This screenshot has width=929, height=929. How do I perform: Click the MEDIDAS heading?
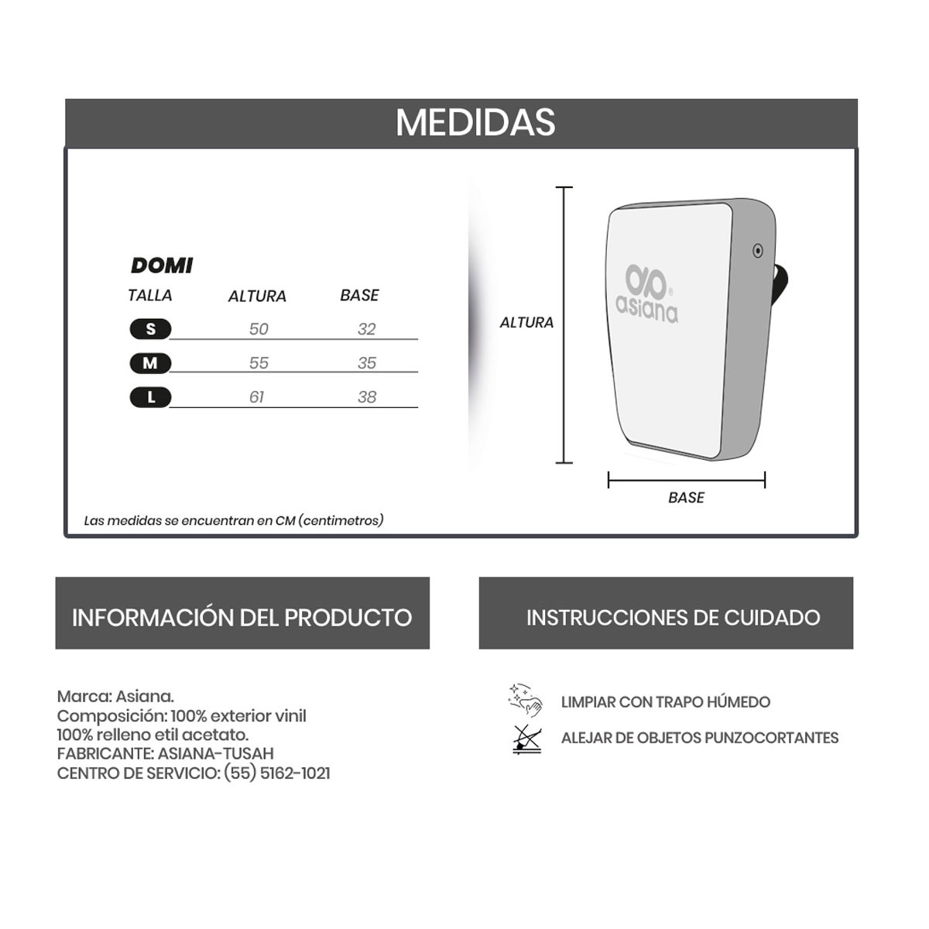tap(475, 122)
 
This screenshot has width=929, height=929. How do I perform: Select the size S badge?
tap(150, 329)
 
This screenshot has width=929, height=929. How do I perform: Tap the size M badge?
tap(150, 363)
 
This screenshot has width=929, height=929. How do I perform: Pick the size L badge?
tap(150, 397)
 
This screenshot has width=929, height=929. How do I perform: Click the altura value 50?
tap(259, 329)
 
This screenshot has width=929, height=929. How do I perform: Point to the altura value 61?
tap(257, 397)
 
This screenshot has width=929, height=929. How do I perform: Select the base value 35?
tap(367, 363)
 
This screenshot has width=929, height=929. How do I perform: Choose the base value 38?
tap(367, 397)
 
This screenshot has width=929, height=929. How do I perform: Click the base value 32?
tap(367, 329)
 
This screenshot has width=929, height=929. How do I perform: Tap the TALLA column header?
tap(150, 295)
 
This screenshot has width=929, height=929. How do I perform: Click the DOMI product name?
tap(162, 266)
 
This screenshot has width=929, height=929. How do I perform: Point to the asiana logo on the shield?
tap(647, 294)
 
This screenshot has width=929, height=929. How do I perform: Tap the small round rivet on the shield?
tap(758, 250)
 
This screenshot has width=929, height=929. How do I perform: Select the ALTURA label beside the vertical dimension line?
tap(526, 323)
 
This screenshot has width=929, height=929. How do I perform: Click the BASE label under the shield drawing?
tap(686, 498)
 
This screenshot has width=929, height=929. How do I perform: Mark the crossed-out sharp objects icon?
tap(527, 739)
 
